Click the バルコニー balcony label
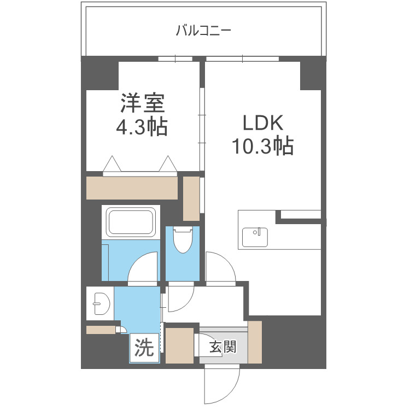pyautogui.click(x=203, y=30)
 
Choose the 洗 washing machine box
pyautogui.click(x=144, y=348)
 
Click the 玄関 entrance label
pyautogui.click(x=223, y=346)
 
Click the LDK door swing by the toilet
pyautogui.click(x=221, y=268)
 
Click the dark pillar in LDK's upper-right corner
pyautogui.click(x=310, y=74)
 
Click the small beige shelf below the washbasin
pyautogui.click(x=101, y=330)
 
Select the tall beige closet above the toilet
pyautogui.click(x=191, y=198)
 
